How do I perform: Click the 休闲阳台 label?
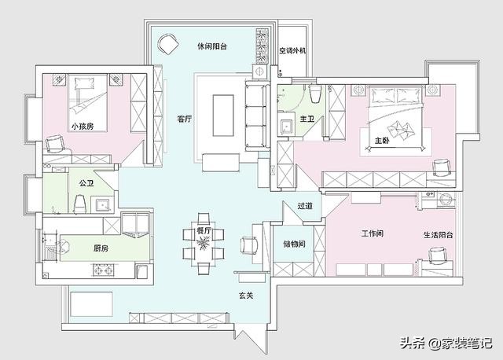coord(212,46)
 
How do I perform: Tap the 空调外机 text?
coord(292,50)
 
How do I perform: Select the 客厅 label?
coord(185,119)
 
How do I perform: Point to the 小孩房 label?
coord(83,126)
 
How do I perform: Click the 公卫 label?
coord(86,183)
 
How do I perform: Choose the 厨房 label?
coord(101,248)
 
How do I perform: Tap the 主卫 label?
coord(307,119)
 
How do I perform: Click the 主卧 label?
coord(382,141)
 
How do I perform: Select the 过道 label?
coord(305,206)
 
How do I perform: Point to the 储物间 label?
coord(294,244)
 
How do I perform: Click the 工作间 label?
coord(372,233)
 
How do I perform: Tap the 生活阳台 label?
coord(439,235)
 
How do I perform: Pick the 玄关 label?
coord(246,296)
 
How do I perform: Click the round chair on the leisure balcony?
coord(167,44)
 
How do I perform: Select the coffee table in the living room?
coord(223,116)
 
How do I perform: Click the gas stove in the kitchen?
coord(104,270)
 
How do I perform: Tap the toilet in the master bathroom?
coord(316,94)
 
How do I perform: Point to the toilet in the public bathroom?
coord(80,204)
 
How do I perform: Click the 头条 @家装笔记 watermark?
coord(446,343)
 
